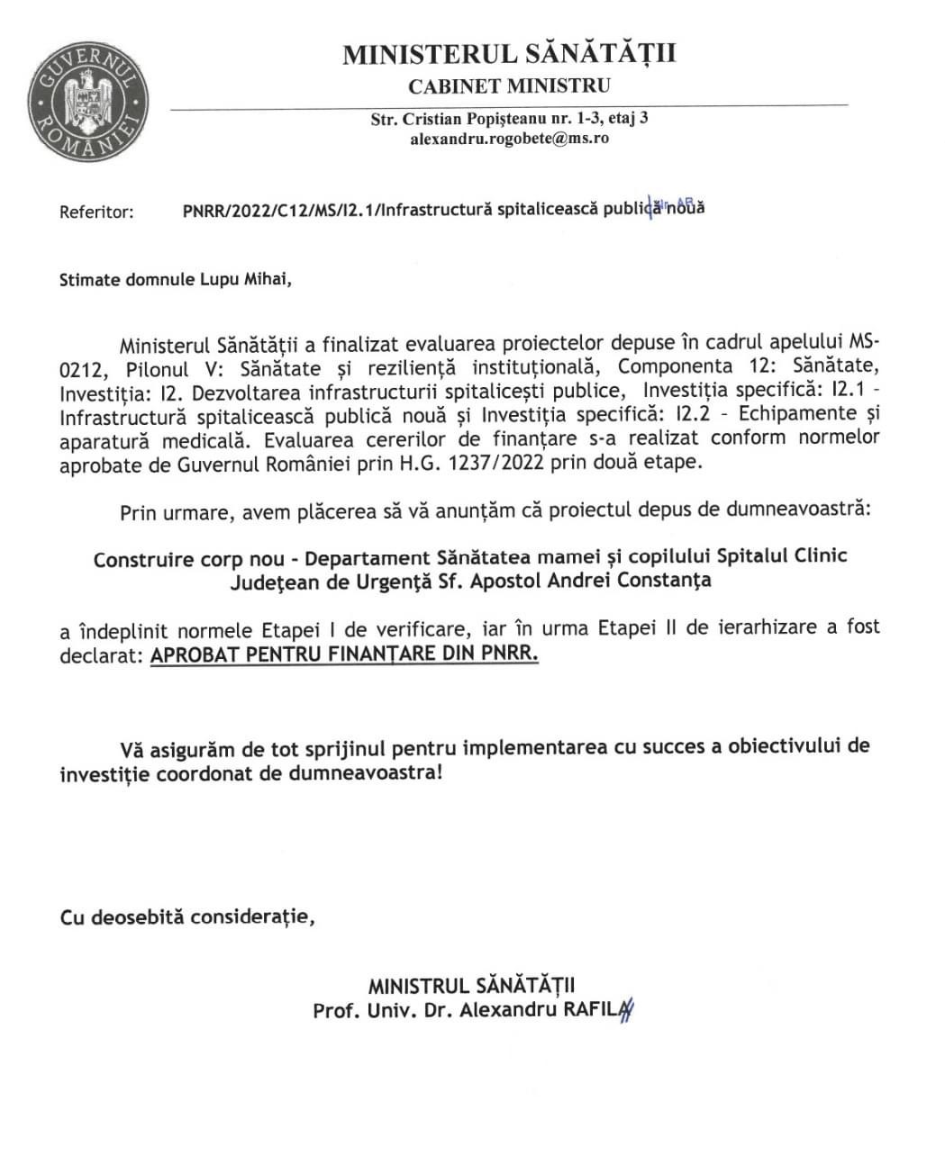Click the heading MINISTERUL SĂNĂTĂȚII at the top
click(509, 54)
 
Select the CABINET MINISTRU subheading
click(509, 86)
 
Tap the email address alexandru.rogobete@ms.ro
click(509, 139)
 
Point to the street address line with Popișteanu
click(509, 119)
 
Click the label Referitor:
click(96, 212)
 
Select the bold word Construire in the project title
click(143, 559)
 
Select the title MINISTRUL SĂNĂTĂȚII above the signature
click(472, 986)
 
